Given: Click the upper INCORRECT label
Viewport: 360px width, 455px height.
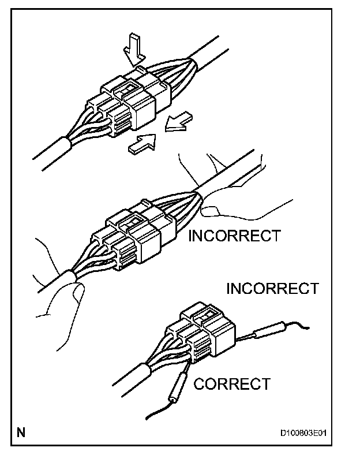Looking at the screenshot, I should [x=235, y=236].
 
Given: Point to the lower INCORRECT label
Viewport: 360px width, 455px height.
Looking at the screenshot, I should [x=272, y=288].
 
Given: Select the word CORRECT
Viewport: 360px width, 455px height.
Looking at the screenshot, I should [x=231, y=383].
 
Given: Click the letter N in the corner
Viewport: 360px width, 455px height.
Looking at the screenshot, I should [x=21, y=432].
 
